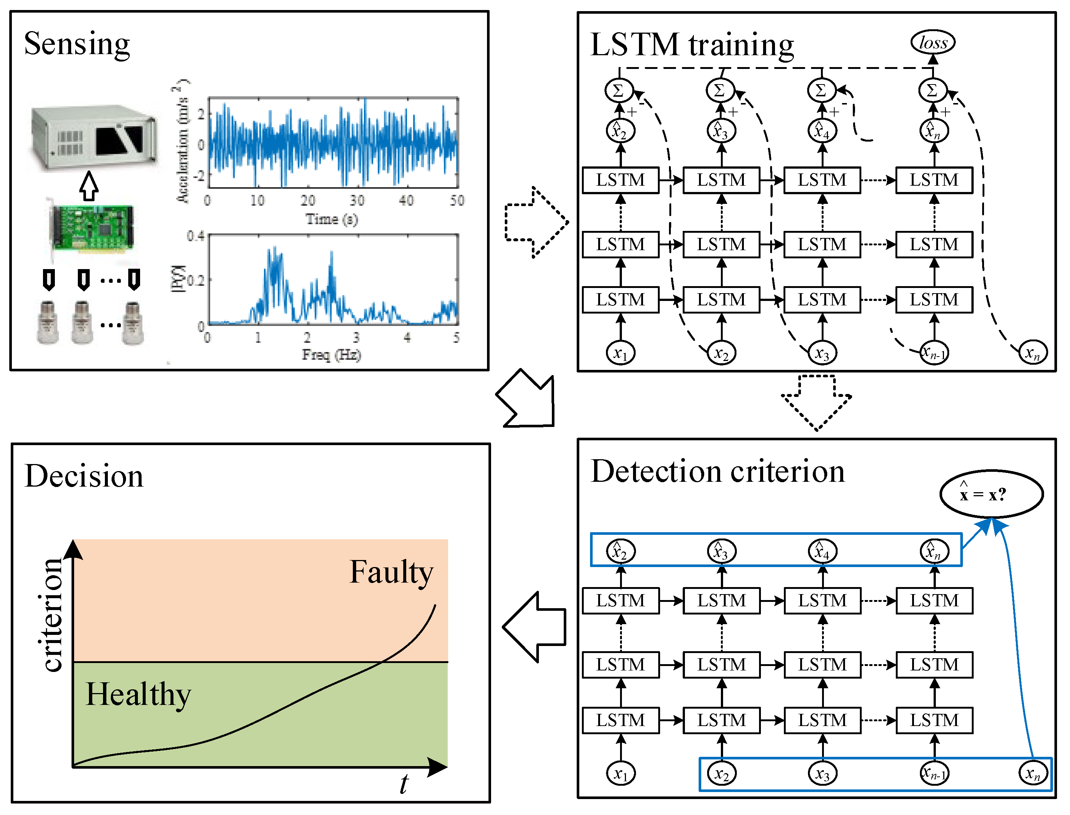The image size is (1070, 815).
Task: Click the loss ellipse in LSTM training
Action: [932, 42]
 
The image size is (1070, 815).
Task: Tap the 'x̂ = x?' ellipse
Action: [991, 494]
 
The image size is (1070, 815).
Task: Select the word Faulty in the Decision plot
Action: [391, 573]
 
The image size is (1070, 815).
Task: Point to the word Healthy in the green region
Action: [138, 695]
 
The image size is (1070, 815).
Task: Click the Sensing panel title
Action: [77, 44]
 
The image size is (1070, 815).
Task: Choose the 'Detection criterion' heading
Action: [718, 471]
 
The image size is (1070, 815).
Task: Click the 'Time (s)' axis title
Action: [331, 219]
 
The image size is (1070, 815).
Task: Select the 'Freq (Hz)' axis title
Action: [331, 355]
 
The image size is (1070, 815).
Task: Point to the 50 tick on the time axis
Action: [456, 201]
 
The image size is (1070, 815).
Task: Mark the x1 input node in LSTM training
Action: [620, 353]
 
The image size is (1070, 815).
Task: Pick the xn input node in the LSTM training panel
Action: [1032, 353]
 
